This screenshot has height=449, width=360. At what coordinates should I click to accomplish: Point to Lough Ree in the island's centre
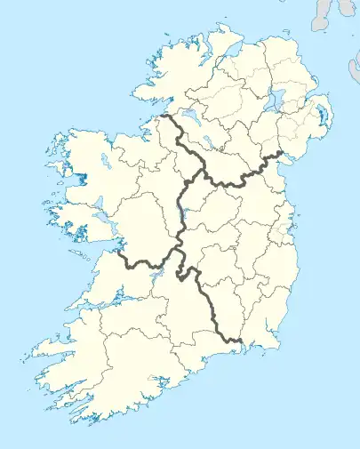point(181,212)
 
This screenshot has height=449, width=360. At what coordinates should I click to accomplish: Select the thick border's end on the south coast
point(242,340)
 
